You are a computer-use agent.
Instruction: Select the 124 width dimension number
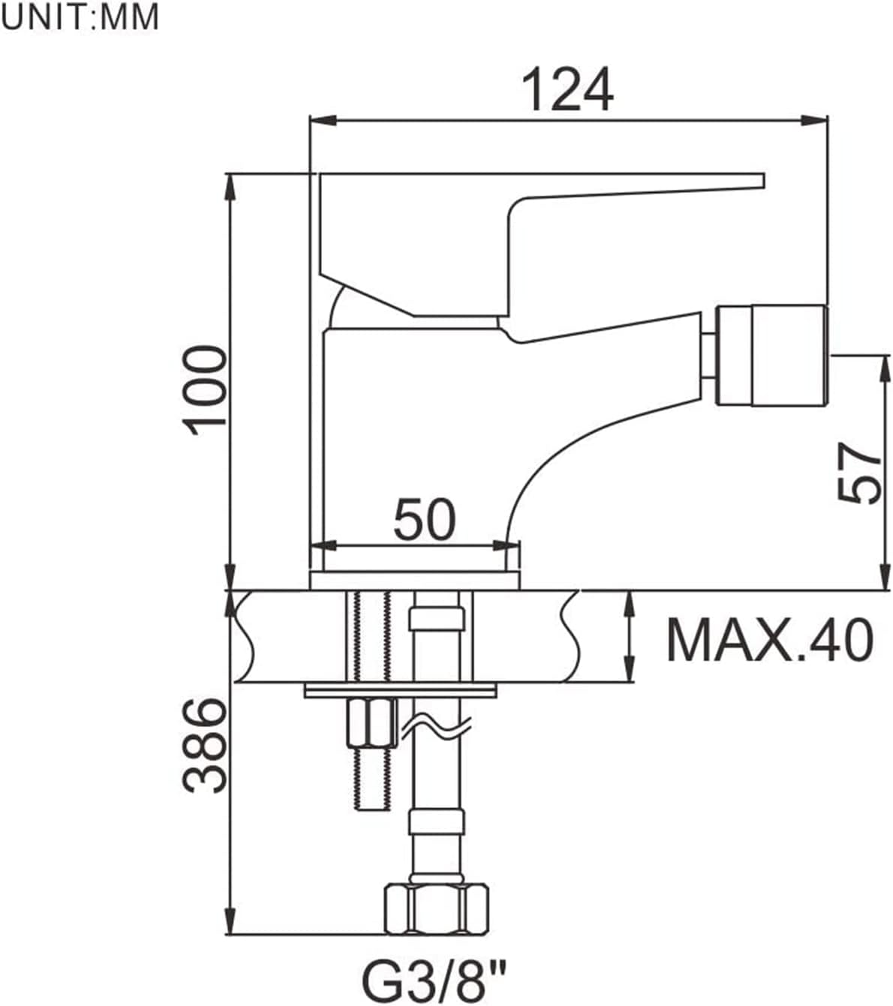[567, 90]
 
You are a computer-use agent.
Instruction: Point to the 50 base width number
[425, 520]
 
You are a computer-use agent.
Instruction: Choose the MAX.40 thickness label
[770, 640]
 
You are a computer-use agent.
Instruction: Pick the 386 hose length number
[205, 745]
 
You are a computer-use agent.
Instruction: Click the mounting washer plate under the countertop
[401, 690]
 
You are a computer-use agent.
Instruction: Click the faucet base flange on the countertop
[414, 581]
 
